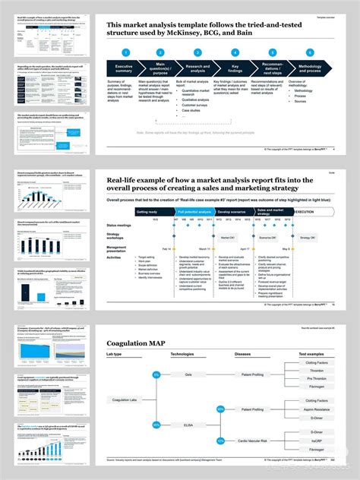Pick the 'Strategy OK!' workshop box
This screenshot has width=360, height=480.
[x=306, y=238]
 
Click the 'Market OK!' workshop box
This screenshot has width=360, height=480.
[x=226, y=238]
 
